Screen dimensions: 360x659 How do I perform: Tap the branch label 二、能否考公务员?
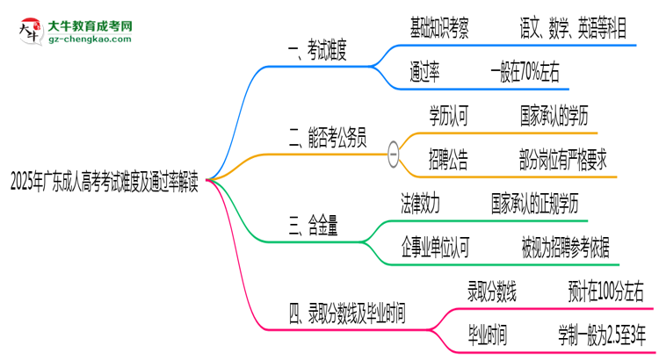(327, 138)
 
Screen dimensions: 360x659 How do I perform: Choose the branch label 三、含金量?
(314, 227)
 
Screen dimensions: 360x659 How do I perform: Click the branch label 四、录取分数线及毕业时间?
(347, 313)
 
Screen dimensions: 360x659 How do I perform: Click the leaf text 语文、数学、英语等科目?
(573, 28)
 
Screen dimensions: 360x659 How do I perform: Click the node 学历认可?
(448, 116)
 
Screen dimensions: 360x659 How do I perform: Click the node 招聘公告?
(448, 160)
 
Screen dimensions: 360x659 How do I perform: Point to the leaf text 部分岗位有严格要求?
(562, 160)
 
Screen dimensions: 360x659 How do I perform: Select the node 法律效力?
(421, 203)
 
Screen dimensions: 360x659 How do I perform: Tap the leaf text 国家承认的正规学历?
(534, 203)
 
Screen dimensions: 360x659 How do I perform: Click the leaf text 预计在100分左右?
(605, 291)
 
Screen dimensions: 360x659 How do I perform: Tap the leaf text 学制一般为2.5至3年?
(601, 335)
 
